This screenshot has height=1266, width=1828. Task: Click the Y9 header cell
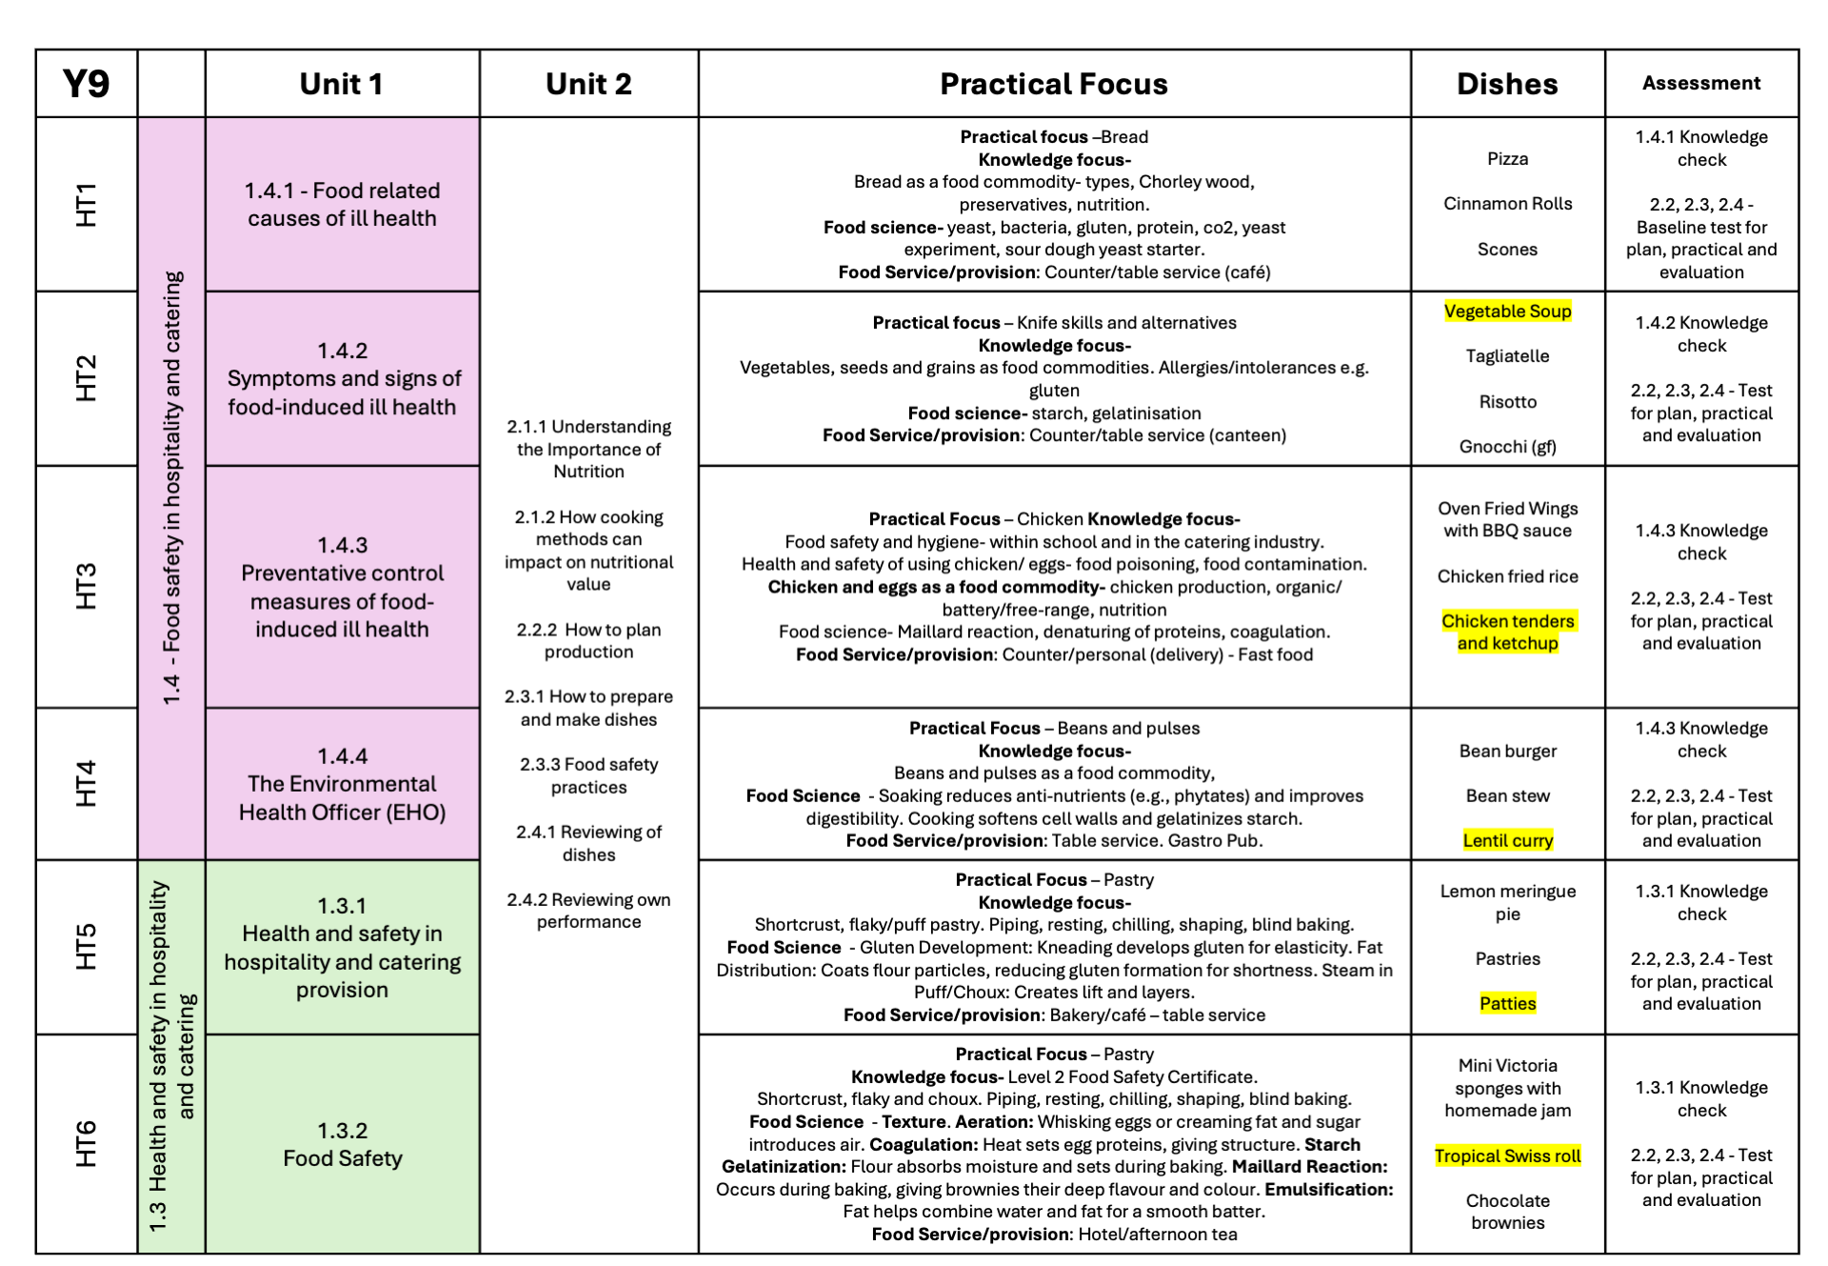(x=86, y=84)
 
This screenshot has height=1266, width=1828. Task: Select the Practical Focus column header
(x=1053, y=84)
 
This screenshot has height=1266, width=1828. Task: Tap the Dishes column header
(x=1507, y=84)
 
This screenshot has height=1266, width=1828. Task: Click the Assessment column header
(x=1700, y=84)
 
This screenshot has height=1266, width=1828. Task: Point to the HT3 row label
(x=86, y=586)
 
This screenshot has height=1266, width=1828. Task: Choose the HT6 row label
(x=86, y=1143)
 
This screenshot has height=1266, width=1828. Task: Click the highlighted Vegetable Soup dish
(x=1507, y=311)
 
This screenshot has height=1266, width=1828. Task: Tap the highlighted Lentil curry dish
(x=1507, y=840)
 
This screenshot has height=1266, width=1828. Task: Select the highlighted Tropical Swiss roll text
(x=1507, y=1155)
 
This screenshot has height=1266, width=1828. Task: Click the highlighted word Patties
(x=1507, y=1003)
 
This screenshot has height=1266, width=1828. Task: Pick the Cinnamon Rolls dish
(x=1507, y=204)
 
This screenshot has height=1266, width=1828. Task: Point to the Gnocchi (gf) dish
(x=1507, y=447)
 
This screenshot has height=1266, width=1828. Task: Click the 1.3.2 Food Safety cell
(x=342, y=1144)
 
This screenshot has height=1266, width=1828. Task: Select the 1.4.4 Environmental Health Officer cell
(x=342, y=784)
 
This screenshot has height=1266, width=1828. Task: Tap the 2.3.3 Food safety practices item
(x=588, y=775)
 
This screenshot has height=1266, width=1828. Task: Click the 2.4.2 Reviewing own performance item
(x=588, y=911)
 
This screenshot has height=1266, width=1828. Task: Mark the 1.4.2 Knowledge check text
(x=1700, y=334)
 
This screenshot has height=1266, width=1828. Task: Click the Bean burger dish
(x=1507, y=751)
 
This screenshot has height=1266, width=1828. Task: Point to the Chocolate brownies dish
(x=1507, y=1212)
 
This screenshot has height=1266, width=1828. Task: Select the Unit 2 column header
(x=588, y=84)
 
